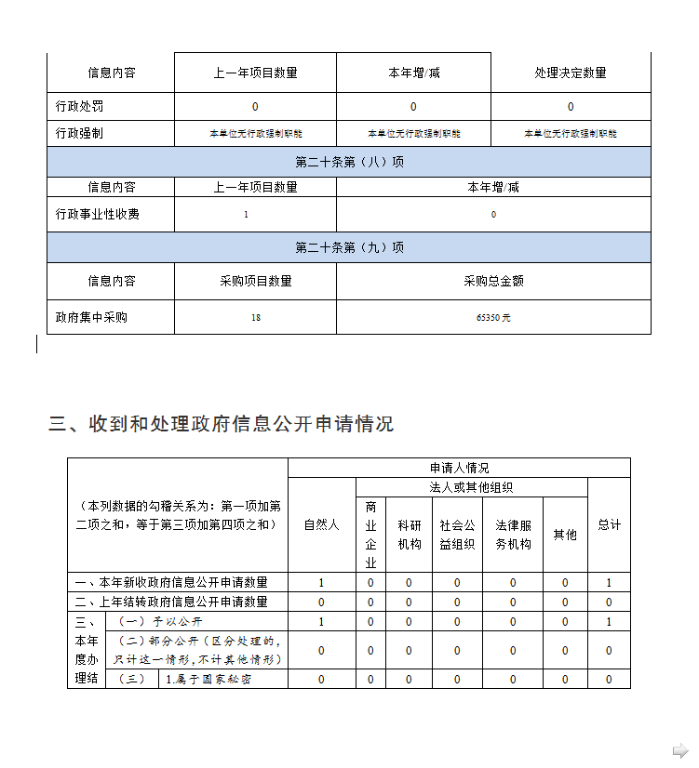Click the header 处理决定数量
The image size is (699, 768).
(571, 73)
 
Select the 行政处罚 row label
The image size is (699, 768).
(79, 107)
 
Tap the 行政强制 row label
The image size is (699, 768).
(79, 133)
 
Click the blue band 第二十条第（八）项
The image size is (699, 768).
(349, 162)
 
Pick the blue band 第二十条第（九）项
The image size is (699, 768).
(349, 247)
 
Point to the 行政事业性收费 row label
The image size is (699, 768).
(98, 214)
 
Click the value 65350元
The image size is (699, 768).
(493, 318)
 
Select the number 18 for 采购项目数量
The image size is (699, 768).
(255, 318)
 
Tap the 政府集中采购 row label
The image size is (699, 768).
(91, 317)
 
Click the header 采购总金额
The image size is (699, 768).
(493, 281)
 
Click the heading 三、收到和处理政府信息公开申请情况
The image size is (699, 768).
(222, 424)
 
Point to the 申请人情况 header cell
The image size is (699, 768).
(459, 468)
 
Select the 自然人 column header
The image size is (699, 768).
(321, 524)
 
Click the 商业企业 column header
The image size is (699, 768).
(370, 534)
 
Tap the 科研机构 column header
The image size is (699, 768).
(409, 534)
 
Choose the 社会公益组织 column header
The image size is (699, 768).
(457, 534)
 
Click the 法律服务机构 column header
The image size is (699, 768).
(513, 534)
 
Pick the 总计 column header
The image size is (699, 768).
(609, 524)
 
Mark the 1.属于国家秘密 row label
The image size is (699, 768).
(208, 679)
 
